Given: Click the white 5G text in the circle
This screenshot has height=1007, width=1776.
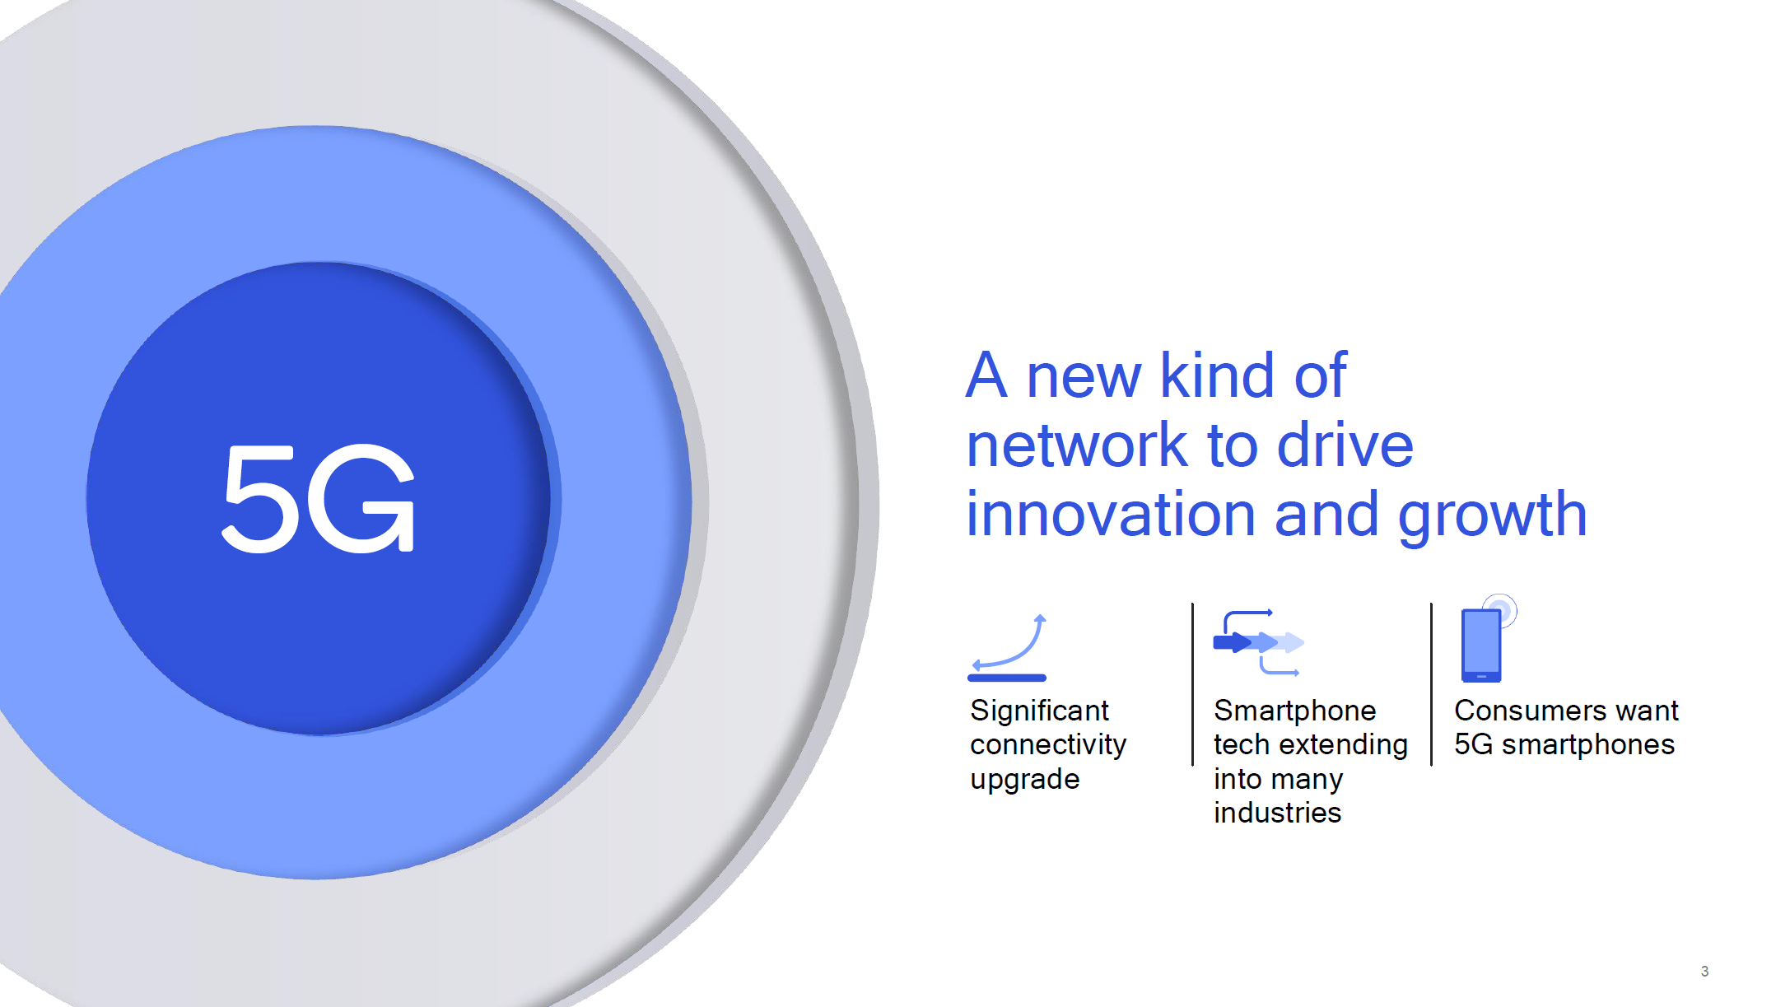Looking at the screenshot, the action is click(x=319, y=499).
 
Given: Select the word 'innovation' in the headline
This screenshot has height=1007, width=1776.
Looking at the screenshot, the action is click(x=1112, y=514).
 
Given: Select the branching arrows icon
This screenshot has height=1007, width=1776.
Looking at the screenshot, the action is click(x=1258, y=642).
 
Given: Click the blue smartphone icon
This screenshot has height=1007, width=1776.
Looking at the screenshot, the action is click(x=1487, y=639).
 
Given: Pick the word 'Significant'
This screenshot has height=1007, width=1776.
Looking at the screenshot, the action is click(x=1039, y=711).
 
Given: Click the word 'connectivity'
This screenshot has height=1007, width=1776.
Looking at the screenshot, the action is click(x=1048, y=745).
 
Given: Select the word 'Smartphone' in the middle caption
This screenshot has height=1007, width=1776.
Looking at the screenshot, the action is click(x=1294, y=711).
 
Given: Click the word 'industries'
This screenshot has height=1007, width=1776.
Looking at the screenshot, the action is click(x=1277, y=813).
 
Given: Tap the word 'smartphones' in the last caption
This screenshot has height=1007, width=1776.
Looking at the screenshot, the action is click(x=1587, y=745).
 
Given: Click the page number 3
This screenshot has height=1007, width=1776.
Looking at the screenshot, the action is click(x=1704, y=972).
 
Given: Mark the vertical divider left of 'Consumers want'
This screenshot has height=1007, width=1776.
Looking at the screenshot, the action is click(x=1431, y=684).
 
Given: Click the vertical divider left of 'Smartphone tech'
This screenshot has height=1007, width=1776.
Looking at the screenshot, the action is click(x=1192, y=684).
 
